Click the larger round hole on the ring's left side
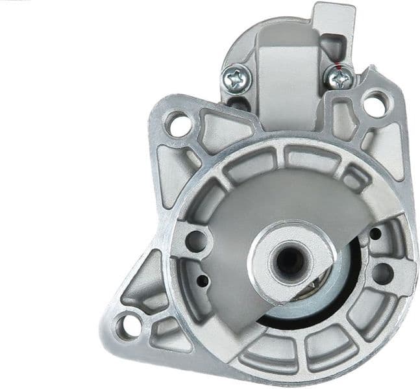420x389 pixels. pos(194,241)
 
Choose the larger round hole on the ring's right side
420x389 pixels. pos(382,272)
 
